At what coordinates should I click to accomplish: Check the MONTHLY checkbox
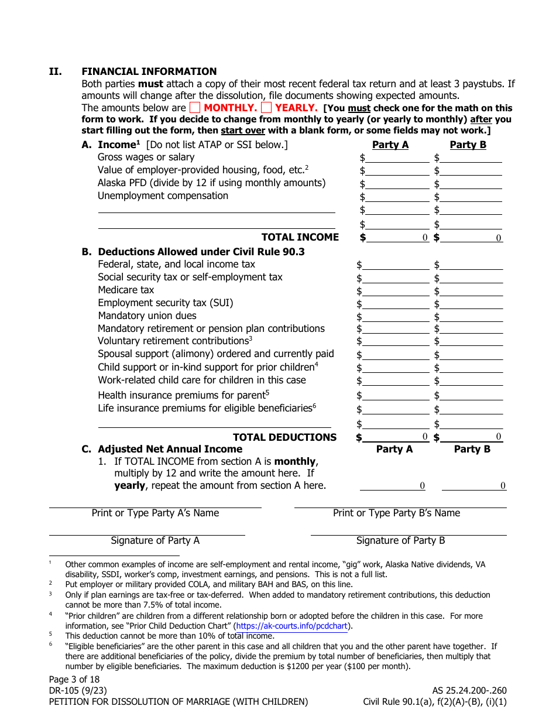point(195,108)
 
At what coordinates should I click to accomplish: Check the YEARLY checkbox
point(266,108)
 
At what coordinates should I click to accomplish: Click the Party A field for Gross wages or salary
point(397,157)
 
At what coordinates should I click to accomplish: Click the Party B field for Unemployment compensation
point(471,196)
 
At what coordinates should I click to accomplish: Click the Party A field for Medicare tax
point(396,290)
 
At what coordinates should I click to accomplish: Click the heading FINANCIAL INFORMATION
point(149,71)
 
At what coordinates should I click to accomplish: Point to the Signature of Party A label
point(155,541)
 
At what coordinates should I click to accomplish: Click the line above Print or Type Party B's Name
point(400,507)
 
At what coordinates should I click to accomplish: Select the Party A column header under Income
point(390,145)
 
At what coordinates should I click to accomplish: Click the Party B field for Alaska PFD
point(471,183)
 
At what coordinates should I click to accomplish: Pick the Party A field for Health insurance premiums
point(396,395)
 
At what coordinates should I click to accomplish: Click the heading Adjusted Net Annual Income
point(170,449)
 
